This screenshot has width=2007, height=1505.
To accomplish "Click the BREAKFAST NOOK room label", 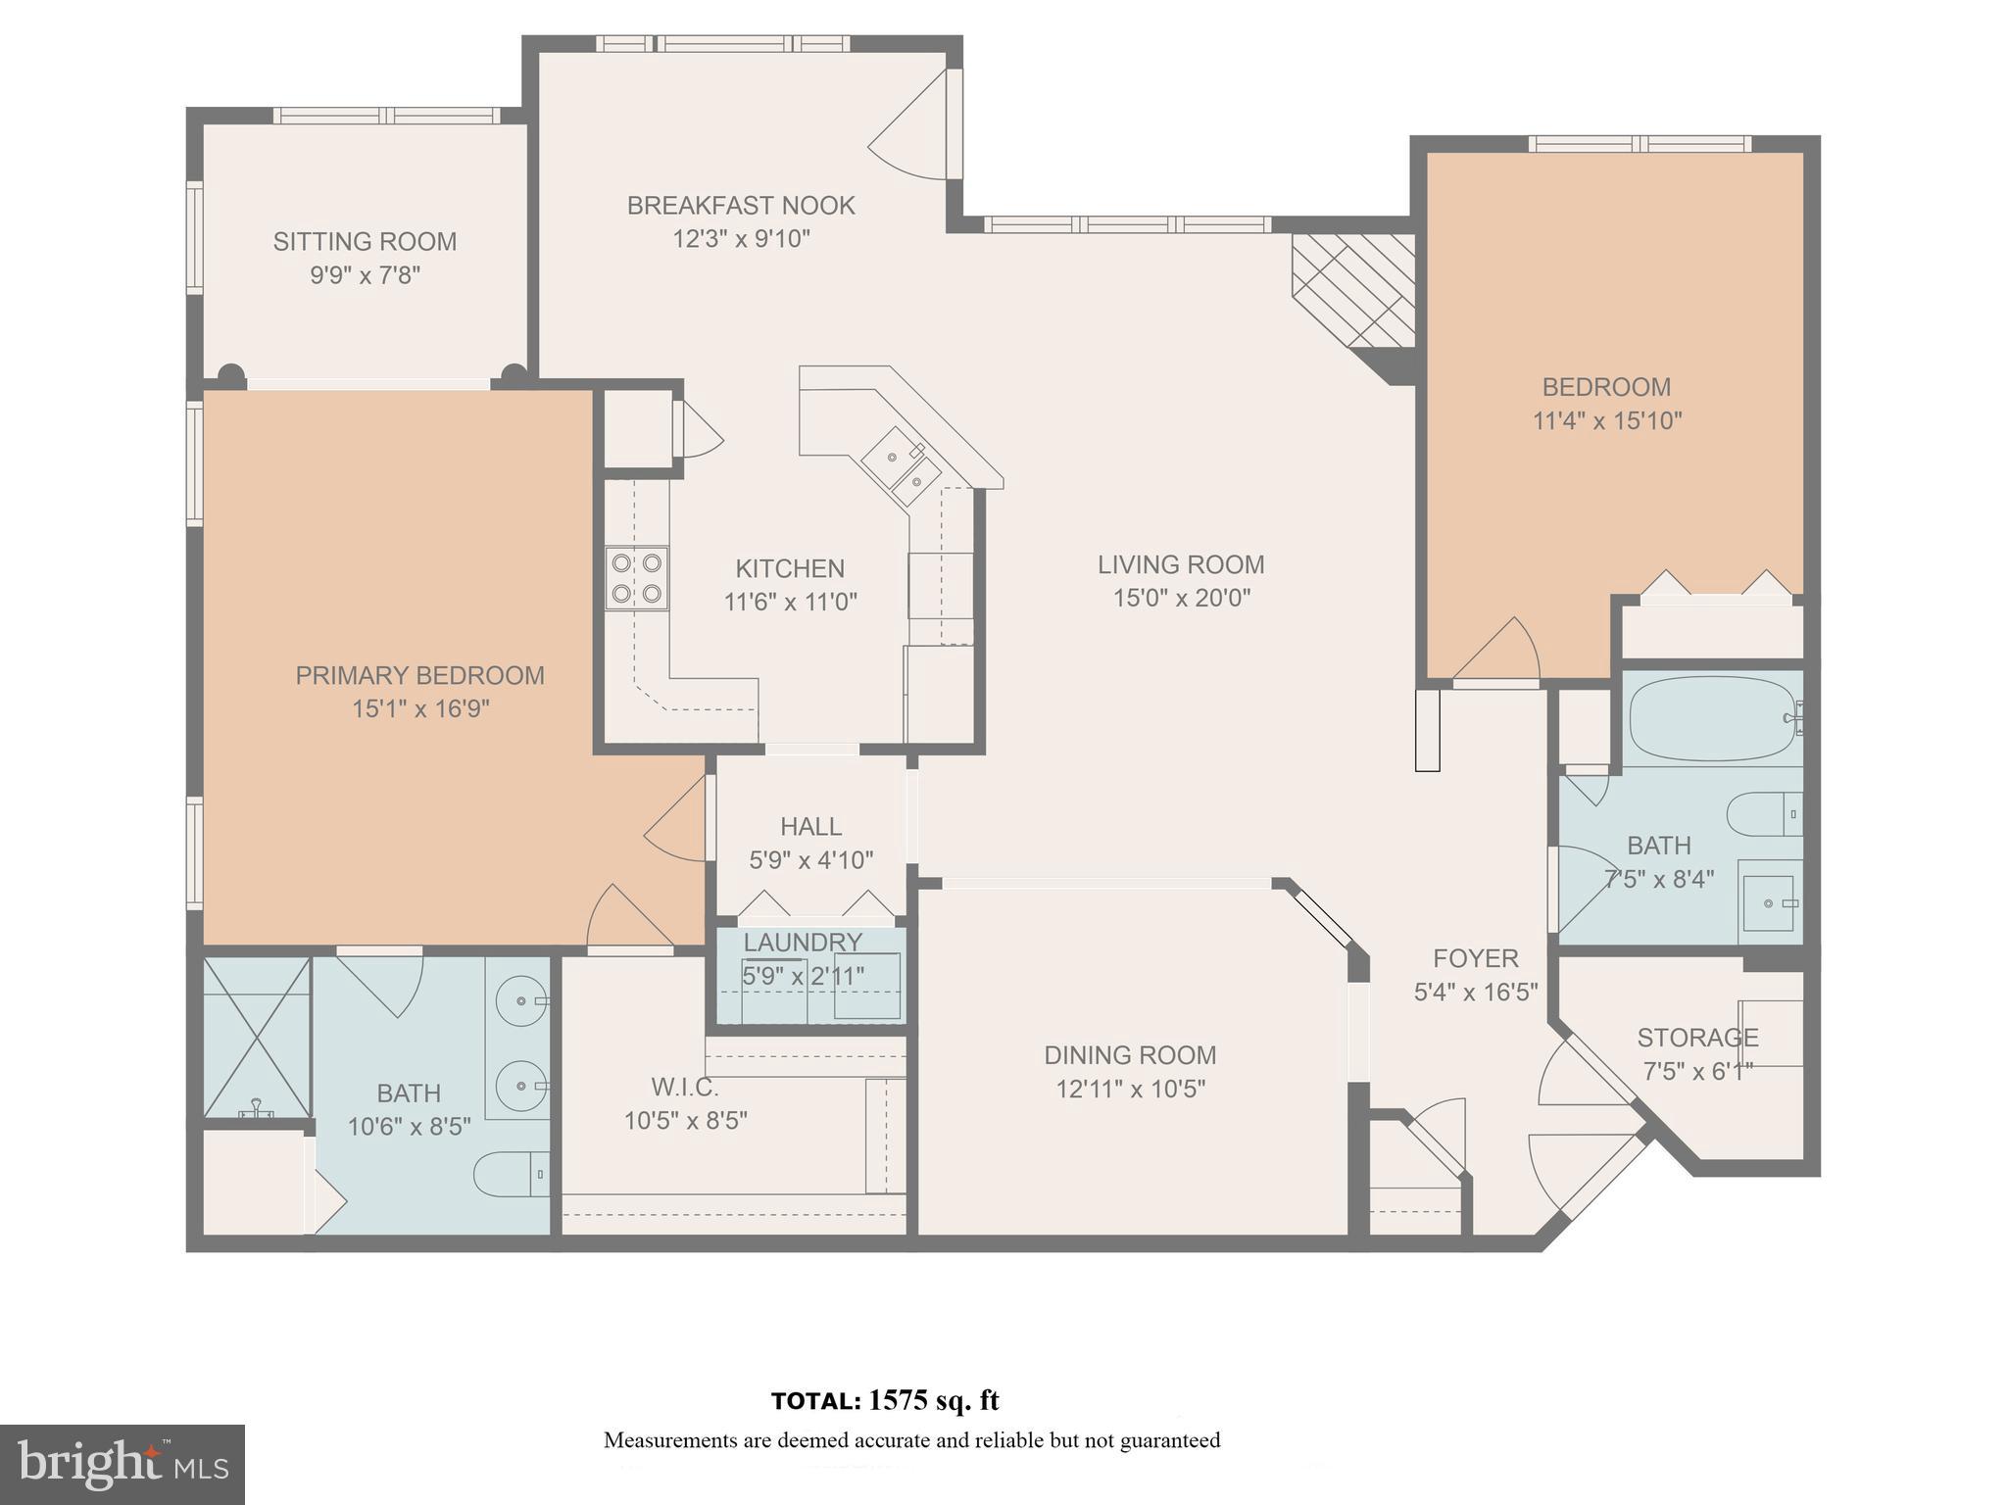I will (x=740, y=206).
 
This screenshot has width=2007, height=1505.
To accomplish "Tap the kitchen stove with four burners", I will (x=636, y=578).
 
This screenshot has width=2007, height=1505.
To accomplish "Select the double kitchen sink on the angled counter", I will (x=902, y=467).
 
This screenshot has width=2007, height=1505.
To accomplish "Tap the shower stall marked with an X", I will (x=257, y=1038).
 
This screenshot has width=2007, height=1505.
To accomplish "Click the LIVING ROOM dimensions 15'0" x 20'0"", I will (x=1181, y=598).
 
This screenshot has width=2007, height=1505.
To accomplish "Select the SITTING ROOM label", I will (x=365, y=242).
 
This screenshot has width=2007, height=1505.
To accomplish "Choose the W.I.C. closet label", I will (x=685, y=1088).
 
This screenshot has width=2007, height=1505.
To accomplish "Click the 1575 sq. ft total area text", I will (x=932, y=1400).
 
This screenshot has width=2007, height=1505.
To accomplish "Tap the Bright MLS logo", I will (x=122, y=1464).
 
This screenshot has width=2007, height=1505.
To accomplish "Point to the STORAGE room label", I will (x=1697, y=1038).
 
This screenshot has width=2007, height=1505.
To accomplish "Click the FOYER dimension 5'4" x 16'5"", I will (x=1475, y=992).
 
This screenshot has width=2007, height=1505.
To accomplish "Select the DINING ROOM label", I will (x=1130, y=1055).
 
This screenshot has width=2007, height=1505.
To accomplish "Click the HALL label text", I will (x=810, y=827).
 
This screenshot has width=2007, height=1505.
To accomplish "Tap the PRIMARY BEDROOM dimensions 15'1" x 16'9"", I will (x=420, y=708).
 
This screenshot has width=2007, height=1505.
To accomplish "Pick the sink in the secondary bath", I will (x=1769, y=902).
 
